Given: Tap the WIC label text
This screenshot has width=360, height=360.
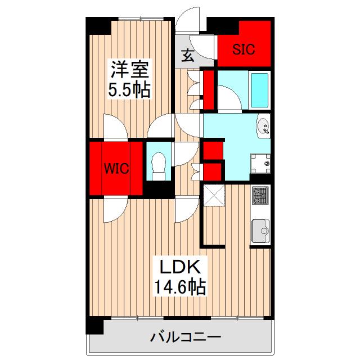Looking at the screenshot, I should (x=116, y=169).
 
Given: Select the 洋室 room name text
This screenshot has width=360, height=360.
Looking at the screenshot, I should (x=129, y=71).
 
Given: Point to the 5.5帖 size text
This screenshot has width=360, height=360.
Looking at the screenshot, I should (x=129, y=90).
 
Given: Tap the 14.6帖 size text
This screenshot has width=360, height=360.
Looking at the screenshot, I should (x=179, y=287).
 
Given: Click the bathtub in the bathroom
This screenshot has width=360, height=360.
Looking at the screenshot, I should (x=259, y=91).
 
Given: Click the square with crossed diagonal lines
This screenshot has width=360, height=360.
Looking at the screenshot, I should (x=214, y=196).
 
